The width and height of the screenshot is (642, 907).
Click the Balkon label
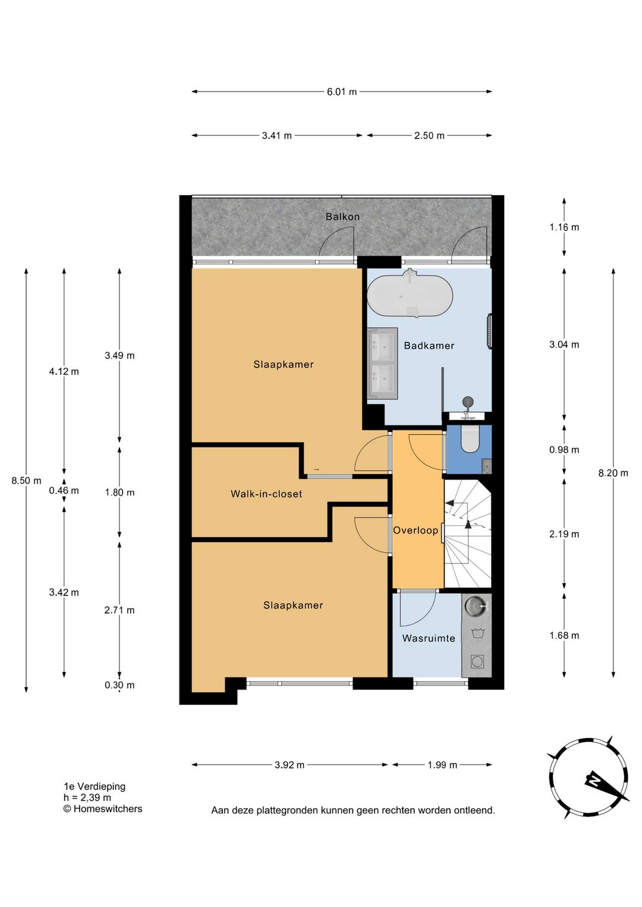(342, 216)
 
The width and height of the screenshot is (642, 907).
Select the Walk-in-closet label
(266, 493)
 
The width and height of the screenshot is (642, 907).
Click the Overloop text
(416, 530)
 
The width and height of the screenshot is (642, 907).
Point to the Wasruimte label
(429, 638)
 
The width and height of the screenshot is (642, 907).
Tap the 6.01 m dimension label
(342, 92)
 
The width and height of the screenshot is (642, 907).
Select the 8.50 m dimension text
(26, 481)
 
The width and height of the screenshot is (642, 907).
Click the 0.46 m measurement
(64, 491)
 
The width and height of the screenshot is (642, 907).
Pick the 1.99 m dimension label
(442, 765)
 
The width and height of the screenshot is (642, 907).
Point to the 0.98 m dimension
(564, 450)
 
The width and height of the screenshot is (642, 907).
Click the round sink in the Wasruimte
(474, 606)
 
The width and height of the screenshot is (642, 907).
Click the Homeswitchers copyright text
(103, 808)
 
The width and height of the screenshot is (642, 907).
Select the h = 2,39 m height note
(87, 798)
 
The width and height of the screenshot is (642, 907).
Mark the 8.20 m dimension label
(613, 473)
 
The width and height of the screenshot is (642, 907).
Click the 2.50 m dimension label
(429, 136)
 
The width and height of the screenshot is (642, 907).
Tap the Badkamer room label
(429, 345)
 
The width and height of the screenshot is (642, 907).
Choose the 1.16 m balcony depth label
(564, 227)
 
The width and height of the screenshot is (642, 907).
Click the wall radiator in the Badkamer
(490, 330)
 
